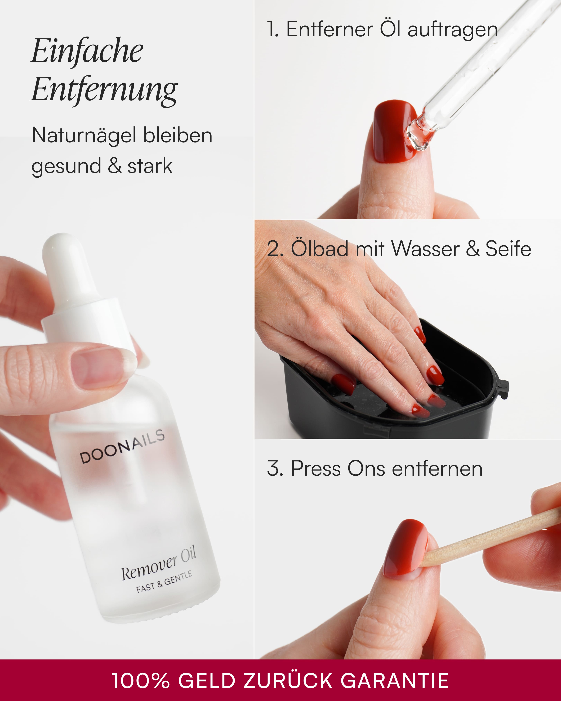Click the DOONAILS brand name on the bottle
122,446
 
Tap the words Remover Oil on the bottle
159,564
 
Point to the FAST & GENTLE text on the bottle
164,582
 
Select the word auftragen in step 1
453,30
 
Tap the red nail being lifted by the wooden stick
406,548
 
